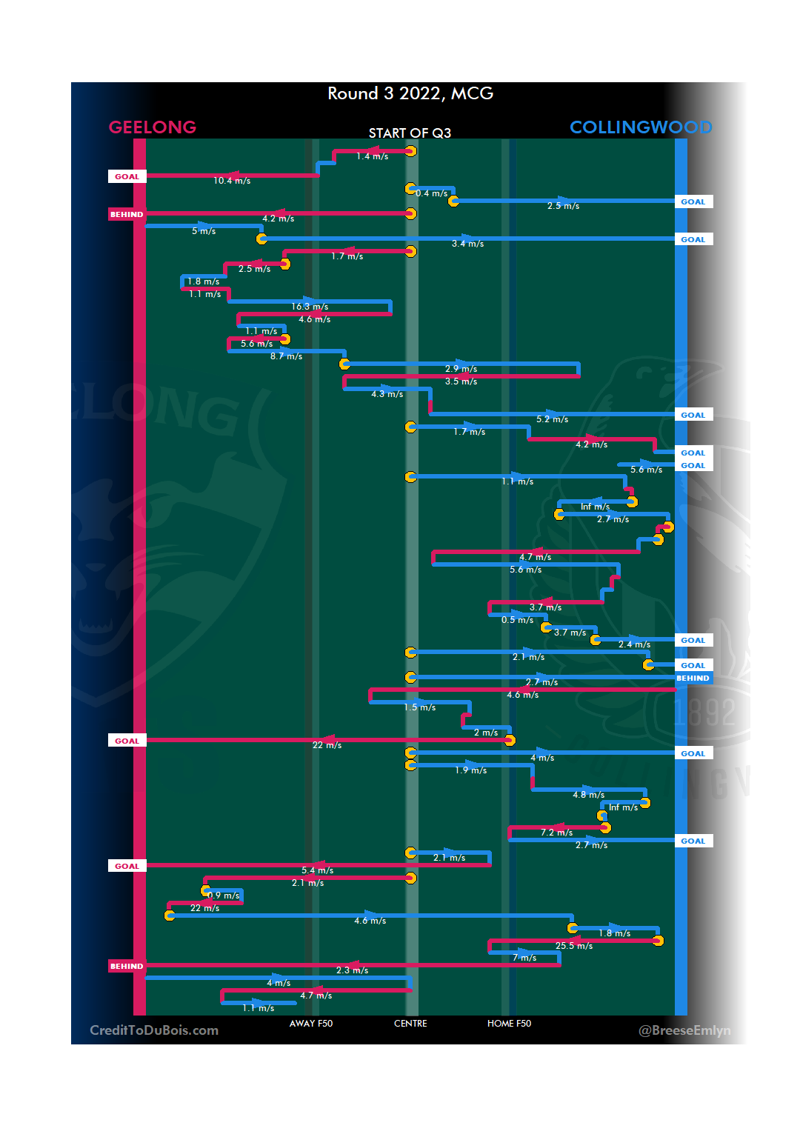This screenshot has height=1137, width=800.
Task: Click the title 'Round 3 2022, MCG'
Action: tap(410, 94)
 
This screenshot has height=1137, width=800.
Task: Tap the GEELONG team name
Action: tap(153, 127)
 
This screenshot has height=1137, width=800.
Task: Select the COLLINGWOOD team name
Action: tap(641, 127)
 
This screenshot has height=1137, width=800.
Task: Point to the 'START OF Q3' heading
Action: tap(410, 133)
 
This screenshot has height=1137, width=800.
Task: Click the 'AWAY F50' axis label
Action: tap(311, 1024)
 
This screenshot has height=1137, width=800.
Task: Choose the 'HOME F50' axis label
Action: tap(509, 1024)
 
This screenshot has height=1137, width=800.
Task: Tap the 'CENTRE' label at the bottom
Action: tap(410, 1024)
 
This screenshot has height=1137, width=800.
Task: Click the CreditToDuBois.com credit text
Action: tap(154, 1030)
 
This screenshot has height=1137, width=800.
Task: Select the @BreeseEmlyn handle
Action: tap(684, 1030)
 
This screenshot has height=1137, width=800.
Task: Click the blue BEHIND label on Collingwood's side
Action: tap(693, 678)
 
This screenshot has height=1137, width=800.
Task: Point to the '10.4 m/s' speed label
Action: tap(232, 181)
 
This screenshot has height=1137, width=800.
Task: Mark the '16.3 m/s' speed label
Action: tap(310, 307)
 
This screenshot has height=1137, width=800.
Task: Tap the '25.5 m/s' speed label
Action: tap(574, 946)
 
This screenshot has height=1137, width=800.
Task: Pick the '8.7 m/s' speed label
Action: tap(286, 356)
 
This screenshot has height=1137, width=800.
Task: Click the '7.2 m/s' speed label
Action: tap(556, 833)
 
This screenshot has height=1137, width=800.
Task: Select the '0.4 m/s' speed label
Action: tap(431, 193)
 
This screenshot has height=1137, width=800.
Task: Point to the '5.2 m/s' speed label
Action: tap(553, 419)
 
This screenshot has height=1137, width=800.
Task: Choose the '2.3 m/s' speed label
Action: tap(352, 970)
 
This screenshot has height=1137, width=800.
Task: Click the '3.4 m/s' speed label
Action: tap(467, 244)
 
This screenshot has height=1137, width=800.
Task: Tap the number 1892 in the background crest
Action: tap(705, 713)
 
